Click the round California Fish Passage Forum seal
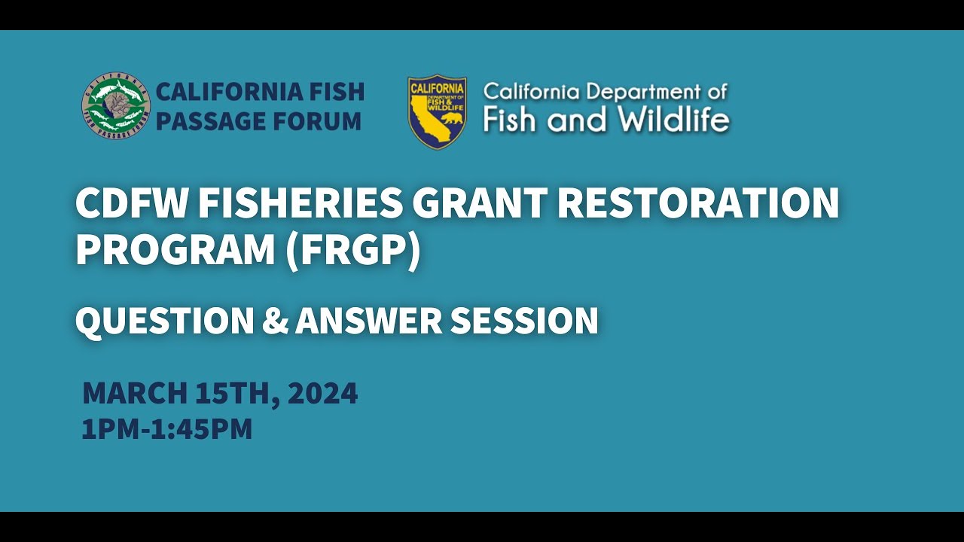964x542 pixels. point(116,106)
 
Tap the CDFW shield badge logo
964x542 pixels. point(437,111)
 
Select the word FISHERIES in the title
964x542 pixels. point(291,204)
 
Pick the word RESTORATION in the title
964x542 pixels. point(699,204)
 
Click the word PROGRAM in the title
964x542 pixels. point(175,251)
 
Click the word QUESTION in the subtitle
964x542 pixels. point(164,321)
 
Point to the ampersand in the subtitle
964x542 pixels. point(275,321)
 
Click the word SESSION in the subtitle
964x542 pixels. point(524,321)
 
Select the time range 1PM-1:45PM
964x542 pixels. point(167,429)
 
